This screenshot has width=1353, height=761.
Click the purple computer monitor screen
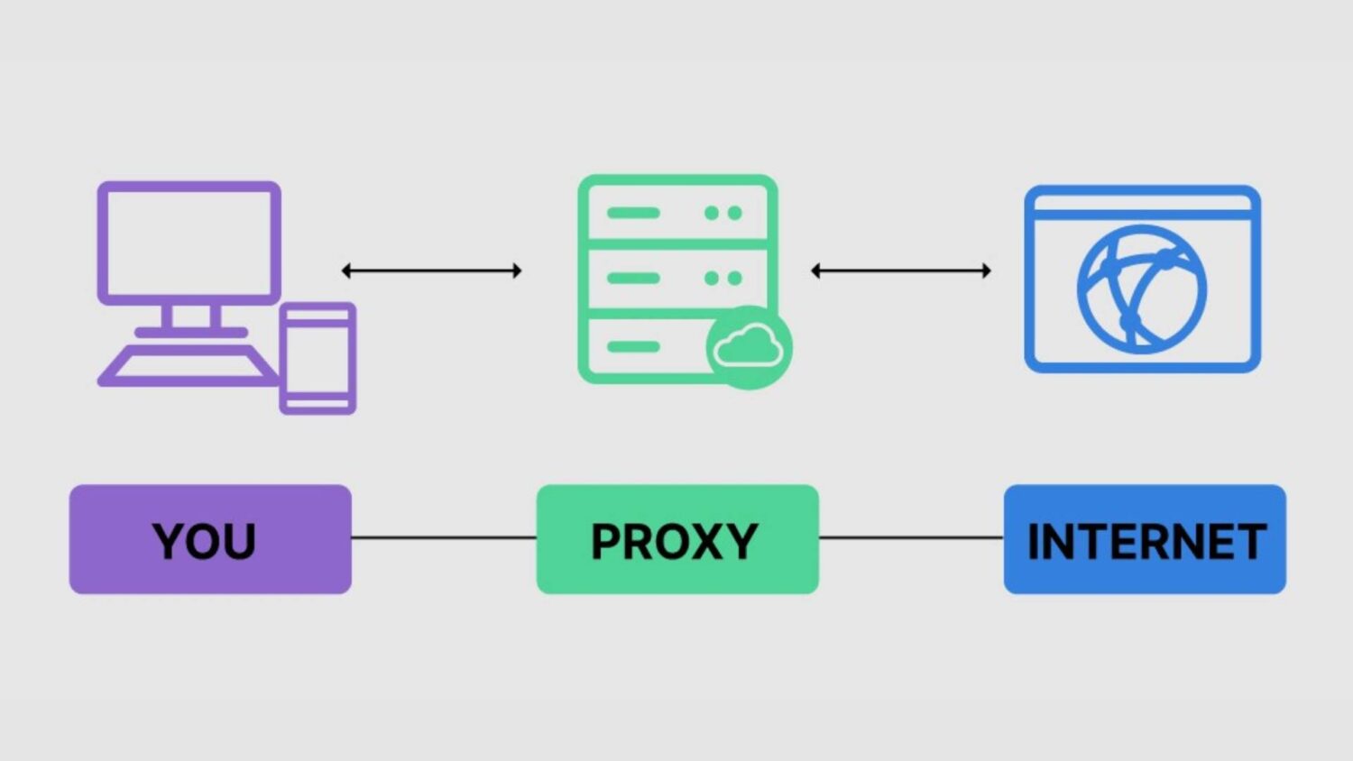point(189,242)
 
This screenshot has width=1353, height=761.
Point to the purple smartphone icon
point(318,358)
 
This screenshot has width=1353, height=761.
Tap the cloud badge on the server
point(748,347)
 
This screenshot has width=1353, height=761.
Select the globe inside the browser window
point(1142,289)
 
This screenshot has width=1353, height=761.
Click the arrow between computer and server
point(431,270)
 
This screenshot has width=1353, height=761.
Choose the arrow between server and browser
point(901,270)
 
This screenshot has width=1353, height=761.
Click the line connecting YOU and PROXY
point(444,537)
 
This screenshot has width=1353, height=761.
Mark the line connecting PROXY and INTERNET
point(911,537)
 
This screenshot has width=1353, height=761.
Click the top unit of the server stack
point(676,213)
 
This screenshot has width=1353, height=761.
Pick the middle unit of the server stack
point(676,278)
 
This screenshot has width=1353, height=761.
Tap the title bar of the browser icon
point(1142,203)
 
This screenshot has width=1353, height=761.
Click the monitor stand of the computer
point(190,317)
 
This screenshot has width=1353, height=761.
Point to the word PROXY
point(674,542)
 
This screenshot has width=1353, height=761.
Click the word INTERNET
point(1146,542)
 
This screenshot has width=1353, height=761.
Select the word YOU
point(204,542)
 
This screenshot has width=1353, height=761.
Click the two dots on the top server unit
point(723,213)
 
